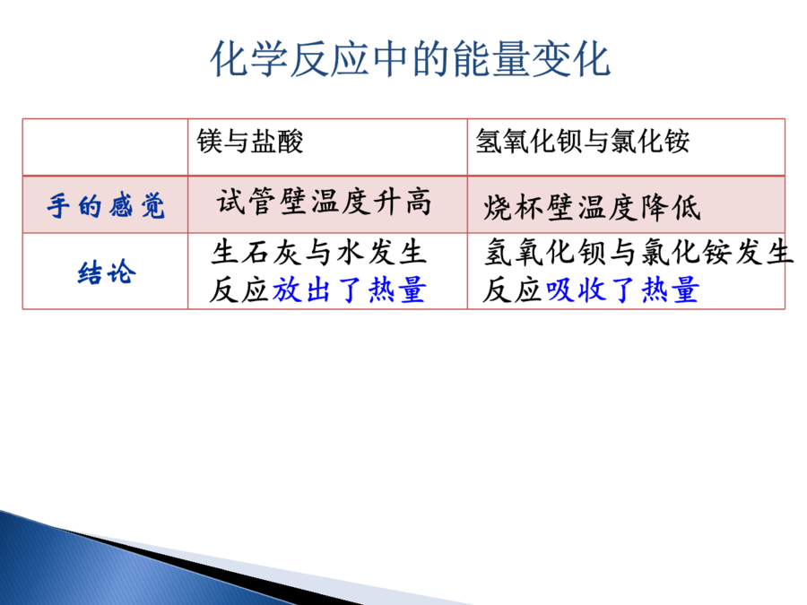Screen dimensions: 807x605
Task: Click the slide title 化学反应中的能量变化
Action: point(410,59)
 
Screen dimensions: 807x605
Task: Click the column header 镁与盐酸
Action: point(250,141)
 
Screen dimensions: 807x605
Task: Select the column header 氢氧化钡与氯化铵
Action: point(583,141)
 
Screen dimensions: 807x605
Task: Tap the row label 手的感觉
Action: point(106,206)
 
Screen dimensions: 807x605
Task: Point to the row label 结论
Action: point(107,272)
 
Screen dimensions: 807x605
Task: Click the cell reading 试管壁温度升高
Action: point(324,201)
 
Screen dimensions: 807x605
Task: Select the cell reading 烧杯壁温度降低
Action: point(592,208)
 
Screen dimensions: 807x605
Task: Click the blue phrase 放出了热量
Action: point(350,290)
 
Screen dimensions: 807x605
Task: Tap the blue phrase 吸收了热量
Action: point(622,290)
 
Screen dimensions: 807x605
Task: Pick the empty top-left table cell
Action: point(106,148)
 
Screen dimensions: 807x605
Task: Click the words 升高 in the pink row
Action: point(402,201)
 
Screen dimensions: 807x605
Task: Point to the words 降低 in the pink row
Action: point(671,208)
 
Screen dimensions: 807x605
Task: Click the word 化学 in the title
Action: point(249,59)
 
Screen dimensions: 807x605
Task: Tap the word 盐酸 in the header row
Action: point(277,141)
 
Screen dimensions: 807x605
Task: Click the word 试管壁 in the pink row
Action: point(263,201)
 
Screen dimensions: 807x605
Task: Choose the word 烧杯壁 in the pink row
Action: point(530,208)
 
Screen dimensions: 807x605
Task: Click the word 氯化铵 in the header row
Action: point(650,141)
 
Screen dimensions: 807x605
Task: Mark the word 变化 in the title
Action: point(571,59)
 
